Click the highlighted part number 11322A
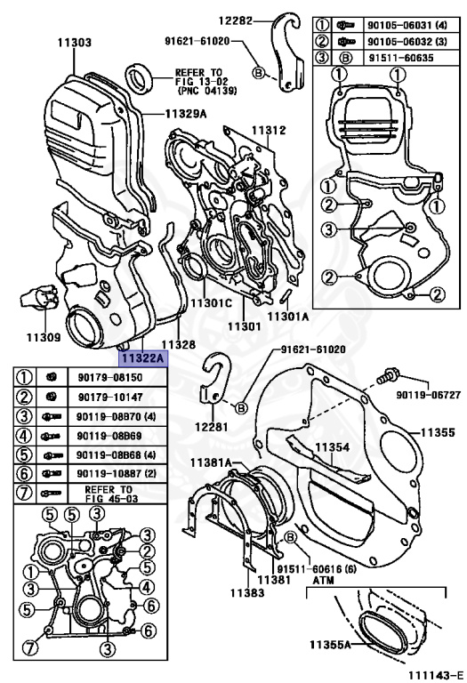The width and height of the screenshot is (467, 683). pos(143,358)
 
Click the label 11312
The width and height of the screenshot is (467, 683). pos(267,131)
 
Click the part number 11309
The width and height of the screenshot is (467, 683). pos(43,337)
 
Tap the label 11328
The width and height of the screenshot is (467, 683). pos(178,343)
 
